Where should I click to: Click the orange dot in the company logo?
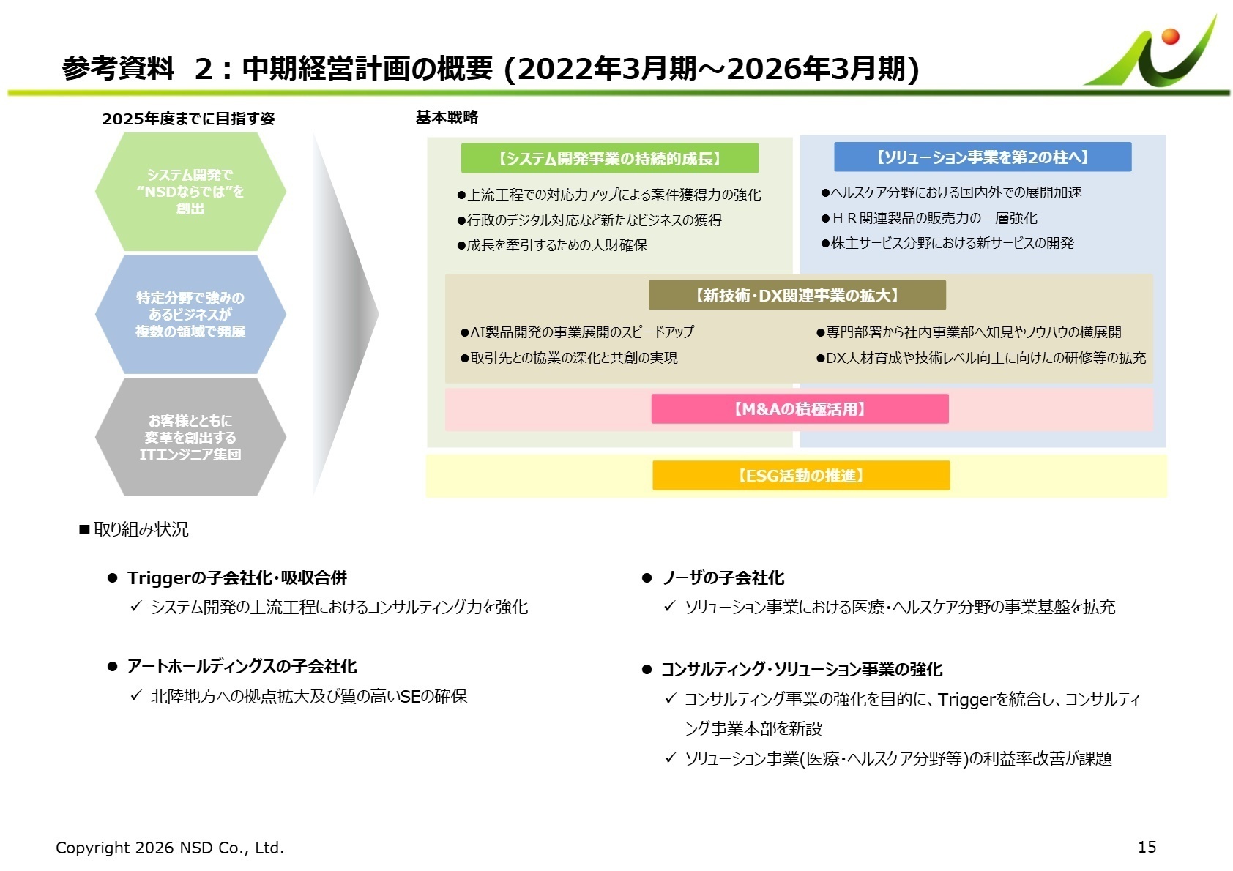tap(1169, 36)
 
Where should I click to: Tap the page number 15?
tap(1147, 847)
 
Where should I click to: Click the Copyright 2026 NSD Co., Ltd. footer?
tap(170, 848)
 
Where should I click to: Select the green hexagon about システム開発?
tap(190, 192)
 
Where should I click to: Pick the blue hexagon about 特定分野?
tap(190, 315)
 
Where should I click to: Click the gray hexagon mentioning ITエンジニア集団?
tap(190, 438)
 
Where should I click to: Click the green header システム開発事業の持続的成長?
tap(609, 158)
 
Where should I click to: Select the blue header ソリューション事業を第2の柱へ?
tap(982, 157)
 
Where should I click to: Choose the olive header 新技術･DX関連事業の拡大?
tap(797, 296)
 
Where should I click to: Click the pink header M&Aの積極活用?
tap(800, 409)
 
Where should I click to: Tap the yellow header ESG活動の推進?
tap(801, 476)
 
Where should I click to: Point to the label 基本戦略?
tap(447, 117)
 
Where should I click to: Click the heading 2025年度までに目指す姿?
tap(188, 119)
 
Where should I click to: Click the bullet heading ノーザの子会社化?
tap(723, 578)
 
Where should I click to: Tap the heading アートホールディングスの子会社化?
tap(242, 667)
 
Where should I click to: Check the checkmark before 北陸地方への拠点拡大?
tap(135, 695)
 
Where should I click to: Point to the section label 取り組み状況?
tap(141, 529)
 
